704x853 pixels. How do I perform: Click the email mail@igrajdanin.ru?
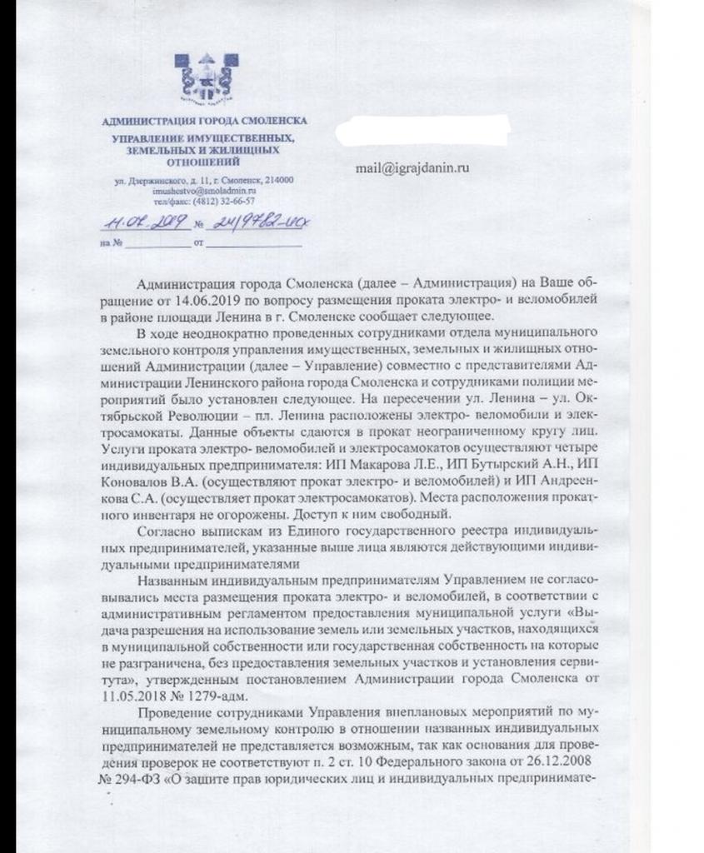(412, 167)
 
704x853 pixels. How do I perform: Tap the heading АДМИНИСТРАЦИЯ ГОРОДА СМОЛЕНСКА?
(203, 121)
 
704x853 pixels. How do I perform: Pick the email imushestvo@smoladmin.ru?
(204, 191)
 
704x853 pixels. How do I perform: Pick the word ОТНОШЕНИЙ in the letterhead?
(203, 161)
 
